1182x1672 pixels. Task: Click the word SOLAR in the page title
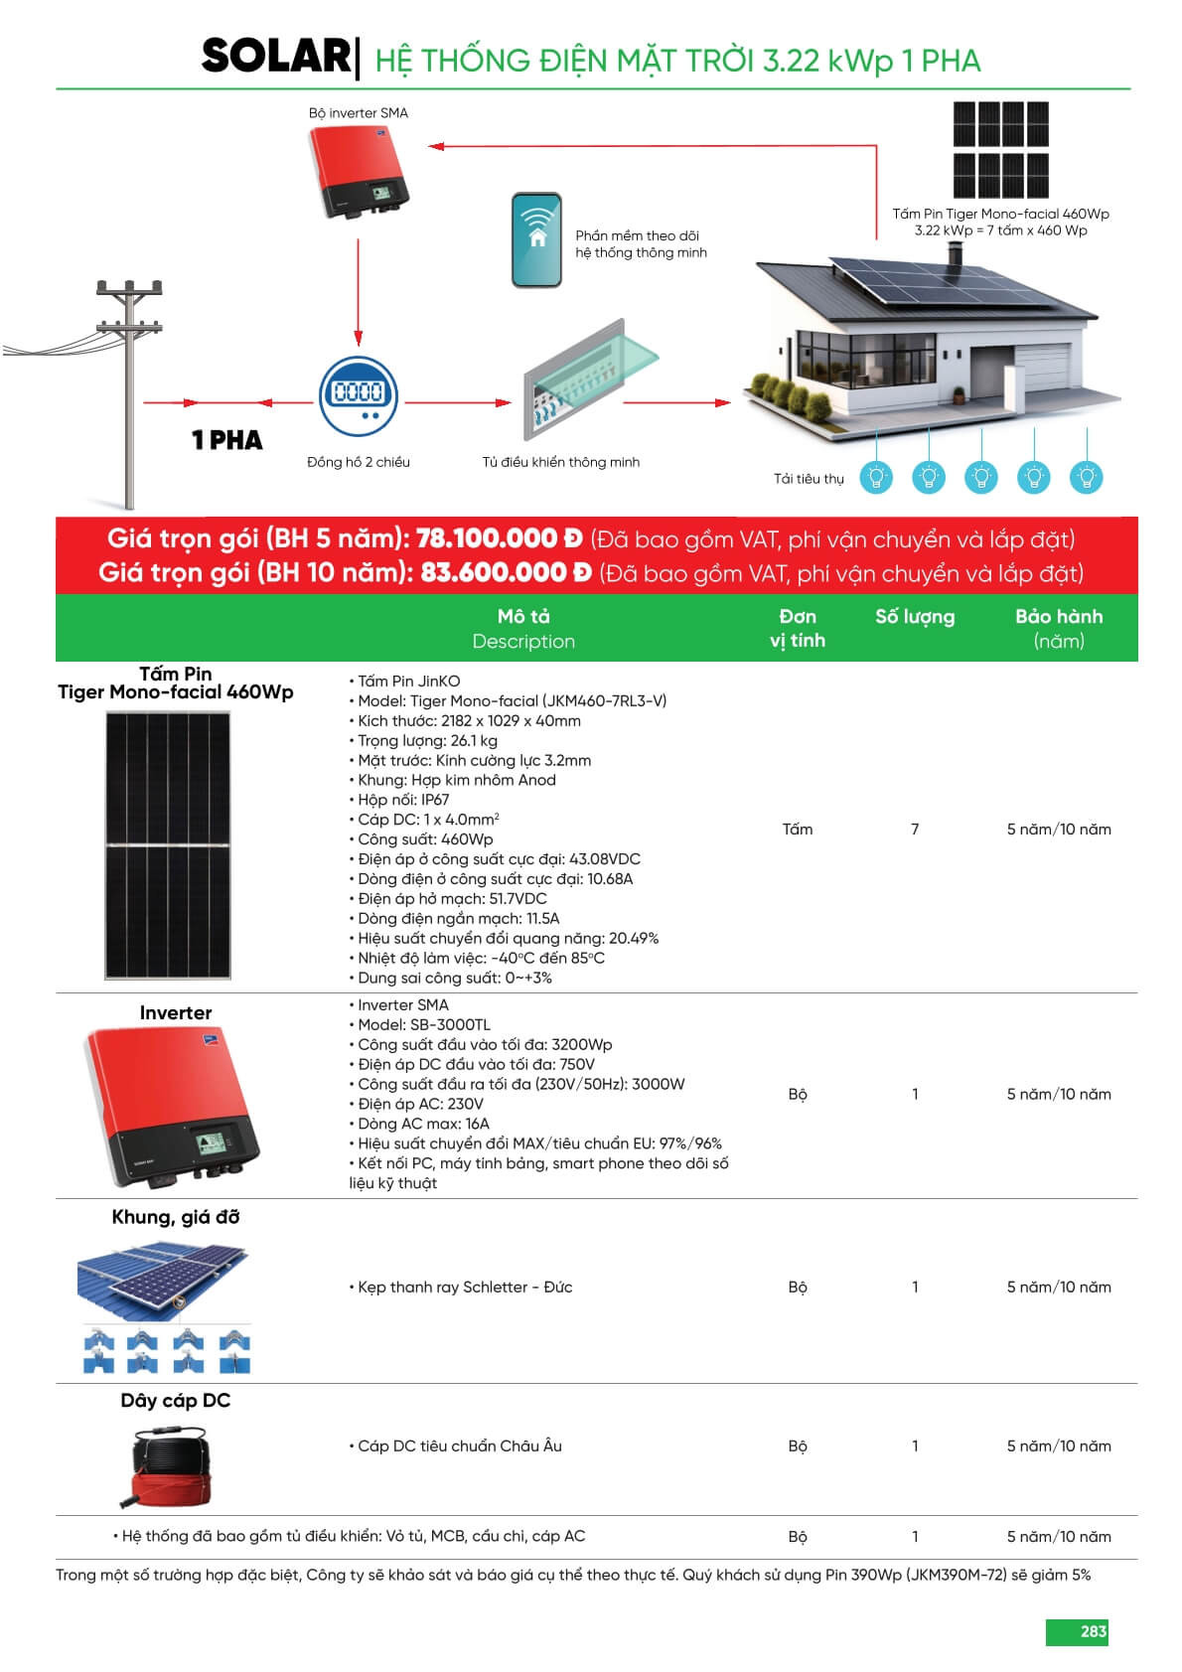tap(275, 57)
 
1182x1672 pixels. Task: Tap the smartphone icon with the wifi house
tap(536, 240)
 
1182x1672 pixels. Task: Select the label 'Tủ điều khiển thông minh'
tap(560, 462)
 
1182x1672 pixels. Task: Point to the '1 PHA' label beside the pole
tap(226, 440)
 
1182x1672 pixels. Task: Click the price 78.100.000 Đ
tap(499, 538)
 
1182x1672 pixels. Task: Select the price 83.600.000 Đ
tap(506, 573)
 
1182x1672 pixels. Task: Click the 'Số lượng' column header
tap(914, 617)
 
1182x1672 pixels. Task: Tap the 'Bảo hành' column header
tap(1058, 617)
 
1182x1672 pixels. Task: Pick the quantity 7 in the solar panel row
tap(915, 829)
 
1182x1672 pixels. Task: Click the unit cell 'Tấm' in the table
tap(797, 829)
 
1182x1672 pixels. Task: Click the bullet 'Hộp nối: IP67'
tap(402, 800)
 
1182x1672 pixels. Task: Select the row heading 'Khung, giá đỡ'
tap(175, 1217)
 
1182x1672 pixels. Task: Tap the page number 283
tap(1093, 1631)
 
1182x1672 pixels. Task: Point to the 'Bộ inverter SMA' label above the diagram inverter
tap(358, 113)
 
